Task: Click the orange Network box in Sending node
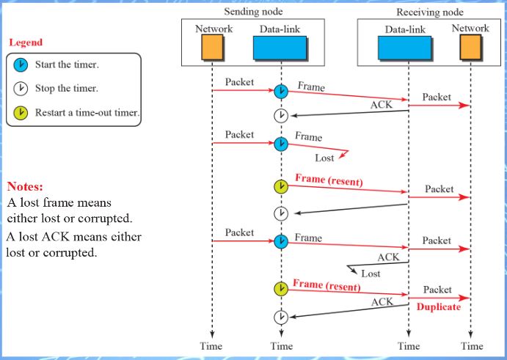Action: (212, 48)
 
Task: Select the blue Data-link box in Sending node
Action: (280, 48)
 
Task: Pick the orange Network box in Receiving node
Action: (470, 48)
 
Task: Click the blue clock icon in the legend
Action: (21, 65)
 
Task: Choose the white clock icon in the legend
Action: (21, 89)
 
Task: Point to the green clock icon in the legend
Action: (21, 112)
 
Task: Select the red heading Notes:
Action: (26, 186)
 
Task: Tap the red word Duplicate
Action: (438, 307)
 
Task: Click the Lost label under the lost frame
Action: (324, 158)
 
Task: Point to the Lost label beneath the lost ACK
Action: (371, 273)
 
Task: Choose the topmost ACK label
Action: (381, 105)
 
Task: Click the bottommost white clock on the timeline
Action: (281, 317)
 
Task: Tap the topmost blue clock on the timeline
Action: (281, 92)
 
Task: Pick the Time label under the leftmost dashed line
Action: (212, 346)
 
